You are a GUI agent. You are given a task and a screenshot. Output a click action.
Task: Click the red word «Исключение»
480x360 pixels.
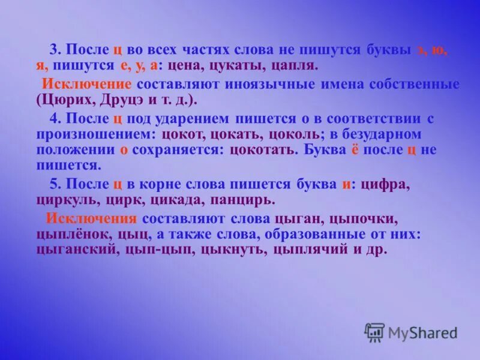click(86, 83)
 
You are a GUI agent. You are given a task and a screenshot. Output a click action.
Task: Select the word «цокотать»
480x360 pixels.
click(265, 149)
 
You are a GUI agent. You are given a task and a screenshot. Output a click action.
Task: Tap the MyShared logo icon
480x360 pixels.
click(374, 332)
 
